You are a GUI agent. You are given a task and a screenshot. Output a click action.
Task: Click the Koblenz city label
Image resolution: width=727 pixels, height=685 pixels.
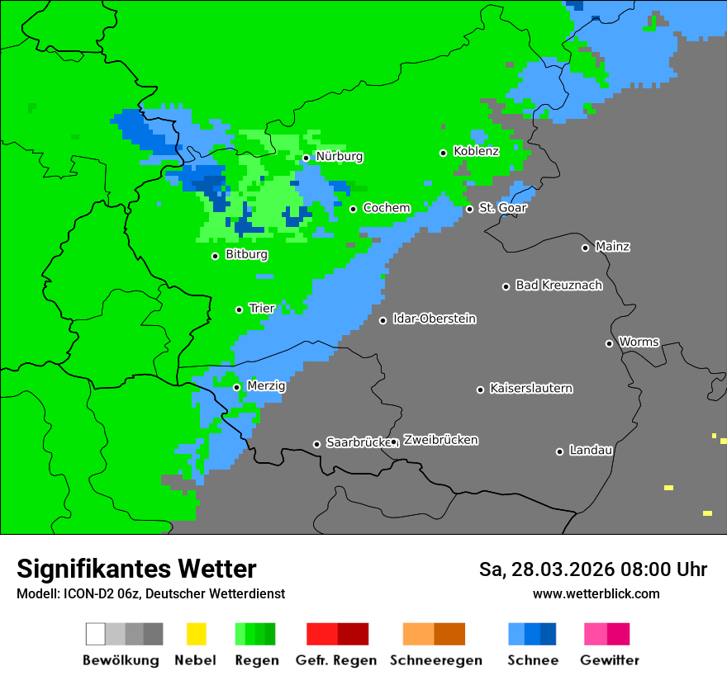476,151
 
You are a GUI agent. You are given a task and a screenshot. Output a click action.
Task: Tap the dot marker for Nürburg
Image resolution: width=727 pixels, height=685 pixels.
306,158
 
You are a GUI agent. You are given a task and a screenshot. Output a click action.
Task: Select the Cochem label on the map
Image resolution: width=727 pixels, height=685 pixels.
387,208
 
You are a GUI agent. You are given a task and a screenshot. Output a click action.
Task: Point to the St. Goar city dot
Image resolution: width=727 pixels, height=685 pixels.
469,209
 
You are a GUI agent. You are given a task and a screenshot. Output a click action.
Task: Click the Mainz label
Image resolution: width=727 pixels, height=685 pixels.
612,247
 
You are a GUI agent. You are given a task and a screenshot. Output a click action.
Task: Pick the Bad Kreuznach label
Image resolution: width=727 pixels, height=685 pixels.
558,286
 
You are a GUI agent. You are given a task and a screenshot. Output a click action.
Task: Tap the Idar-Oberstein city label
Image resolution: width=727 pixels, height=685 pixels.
434,319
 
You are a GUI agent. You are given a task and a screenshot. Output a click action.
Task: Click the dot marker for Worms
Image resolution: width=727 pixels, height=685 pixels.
609,343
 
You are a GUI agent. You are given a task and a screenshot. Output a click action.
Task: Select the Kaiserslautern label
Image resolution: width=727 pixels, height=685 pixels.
530,389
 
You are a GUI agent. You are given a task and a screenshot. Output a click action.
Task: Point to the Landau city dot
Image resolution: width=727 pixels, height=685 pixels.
559,451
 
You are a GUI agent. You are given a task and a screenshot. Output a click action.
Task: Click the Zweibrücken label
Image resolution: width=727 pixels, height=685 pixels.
440,441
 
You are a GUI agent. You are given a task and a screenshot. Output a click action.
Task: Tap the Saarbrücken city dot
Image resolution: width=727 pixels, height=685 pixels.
316,444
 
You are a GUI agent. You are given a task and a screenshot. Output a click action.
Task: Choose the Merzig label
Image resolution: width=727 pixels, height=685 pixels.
266,386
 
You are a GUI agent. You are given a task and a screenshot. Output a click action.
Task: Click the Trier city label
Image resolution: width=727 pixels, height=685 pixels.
262,309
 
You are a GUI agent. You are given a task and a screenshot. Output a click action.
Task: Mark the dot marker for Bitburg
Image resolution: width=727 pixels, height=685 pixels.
215,256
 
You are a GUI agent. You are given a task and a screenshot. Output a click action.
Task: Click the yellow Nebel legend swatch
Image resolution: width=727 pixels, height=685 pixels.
196,634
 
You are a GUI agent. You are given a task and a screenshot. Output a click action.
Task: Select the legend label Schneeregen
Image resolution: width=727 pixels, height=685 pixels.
436,660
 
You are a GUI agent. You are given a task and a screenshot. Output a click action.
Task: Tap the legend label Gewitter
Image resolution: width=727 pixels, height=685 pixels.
609,660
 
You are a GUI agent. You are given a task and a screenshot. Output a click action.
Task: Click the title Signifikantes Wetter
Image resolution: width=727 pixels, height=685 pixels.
136,569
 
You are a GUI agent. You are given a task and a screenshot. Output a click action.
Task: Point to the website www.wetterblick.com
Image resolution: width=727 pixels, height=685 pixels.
596,593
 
